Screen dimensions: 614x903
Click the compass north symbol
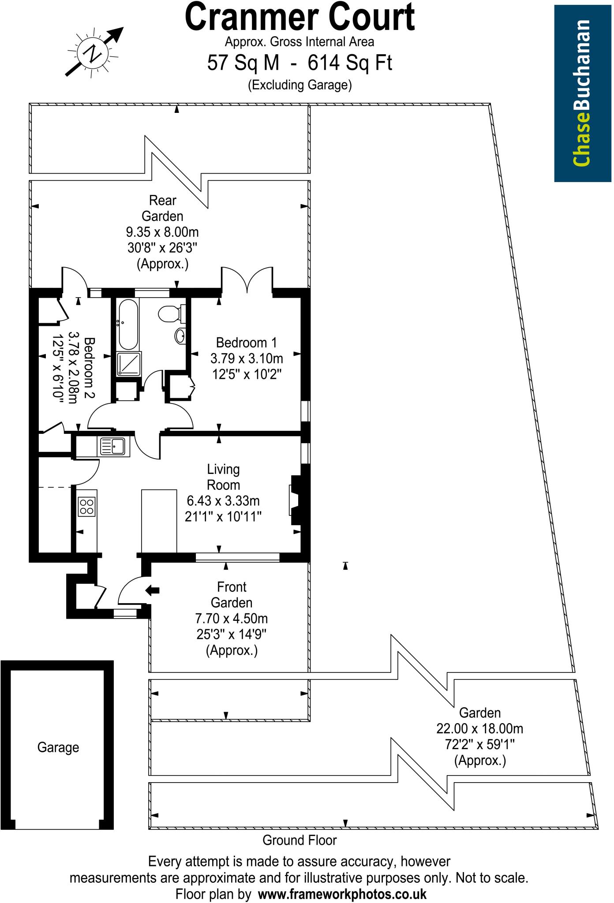point(94,54)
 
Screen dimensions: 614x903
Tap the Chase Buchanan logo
point(582,93)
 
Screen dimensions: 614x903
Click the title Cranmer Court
point(300,18)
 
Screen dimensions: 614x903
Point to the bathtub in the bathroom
point(128,324)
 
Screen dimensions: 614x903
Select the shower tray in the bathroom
point(129,364)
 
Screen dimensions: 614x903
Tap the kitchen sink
point(113,447)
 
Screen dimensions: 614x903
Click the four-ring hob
point(86,506)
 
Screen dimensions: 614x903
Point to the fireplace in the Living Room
point(295,500)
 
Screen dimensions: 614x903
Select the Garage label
point(58,747)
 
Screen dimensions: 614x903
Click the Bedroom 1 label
point(247,343)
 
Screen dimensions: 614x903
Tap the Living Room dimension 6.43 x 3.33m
point(223,501)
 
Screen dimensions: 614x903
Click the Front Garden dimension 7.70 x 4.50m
point(232,619)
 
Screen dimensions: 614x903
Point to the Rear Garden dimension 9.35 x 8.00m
point(163,232)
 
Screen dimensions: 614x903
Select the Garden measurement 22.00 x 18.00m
point(480,728)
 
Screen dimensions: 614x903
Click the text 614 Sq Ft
point(349,63)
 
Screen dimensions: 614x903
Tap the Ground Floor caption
point(300,840)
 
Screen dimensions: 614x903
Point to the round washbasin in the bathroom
point(180,336)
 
